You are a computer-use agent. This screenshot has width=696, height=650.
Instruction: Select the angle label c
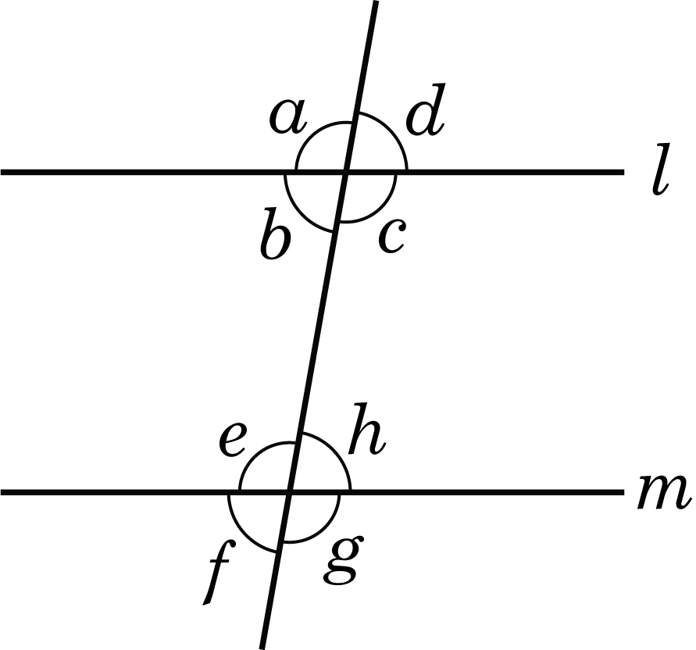click(x=391, y=237)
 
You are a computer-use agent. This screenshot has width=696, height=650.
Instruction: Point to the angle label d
click(x=425, y=109)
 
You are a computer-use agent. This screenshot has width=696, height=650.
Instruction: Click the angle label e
click(x=232, y=440)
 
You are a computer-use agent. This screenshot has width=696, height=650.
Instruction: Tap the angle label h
click(x=366, y=429)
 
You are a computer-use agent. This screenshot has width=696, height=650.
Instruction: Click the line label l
click(x=661, y=170)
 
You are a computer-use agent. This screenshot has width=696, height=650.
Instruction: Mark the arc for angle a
click(x=313, y=133)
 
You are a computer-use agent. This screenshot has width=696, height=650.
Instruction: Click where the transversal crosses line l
click(x=346, y=171)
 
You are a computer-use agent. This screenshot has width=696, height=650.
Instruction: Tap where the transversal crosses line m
click(x=290, y=492)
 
